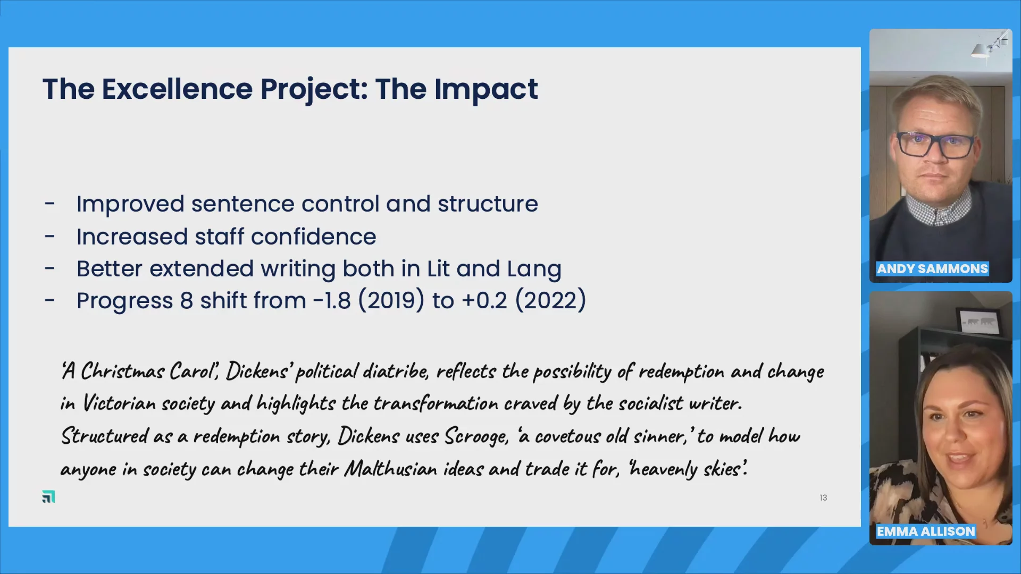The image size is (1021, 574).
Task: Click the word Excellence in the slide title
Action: click(x=177, y=89)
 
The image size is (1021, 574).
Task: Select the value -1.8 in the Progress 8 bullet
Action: click(x=332, y=301)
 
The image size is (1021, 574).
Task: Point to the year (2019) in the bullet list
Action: click(x=391, y=301)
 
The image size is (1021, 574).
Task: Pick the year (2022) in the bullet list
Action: click(x=550, y=301)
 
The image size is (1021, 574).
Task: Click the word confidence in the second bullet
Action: click(x=313, y=237)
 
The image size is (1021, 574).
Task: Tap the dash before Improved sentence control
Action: click(x=50, y=204)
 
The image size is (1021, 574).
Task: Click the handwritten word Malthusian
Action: click(x=390, y=469)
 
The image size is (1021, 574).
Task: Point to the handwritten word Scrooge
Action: click(x=476, y=436)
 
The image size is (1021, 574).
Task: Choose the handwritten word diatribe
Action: click(x=396, y=371)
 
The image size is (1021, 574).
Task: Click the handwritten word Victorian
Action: click(x=119, y=403)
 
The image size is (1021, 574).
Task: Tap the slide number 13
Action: click(x=823, y=497)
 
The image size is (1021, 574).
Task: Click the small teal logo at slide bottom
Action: click(x=48, y=496)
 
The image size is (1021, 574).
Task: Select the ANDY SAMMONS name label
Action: click(x=932, y=269)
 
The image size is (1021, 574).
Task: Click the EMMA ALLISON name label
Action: click(x=926, y=531)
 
